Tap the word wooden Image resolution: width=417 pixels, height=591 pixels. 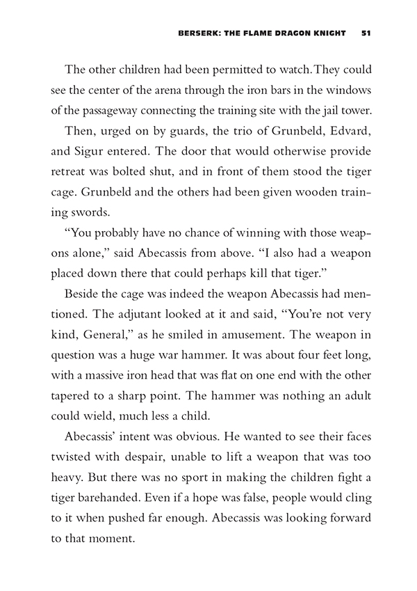pos(271,189)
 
